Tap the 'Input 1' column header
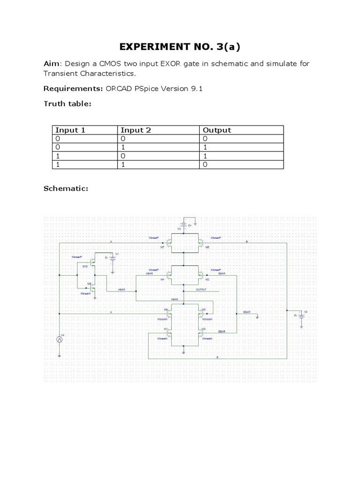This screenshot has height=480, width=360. pos(70,130)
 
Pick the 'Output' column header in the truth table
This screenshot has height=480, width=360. pos(217,130)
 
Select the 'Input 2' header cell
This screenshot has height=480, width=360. pos(136,130)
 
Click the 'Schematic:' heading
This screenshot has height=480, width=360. pos(66,188)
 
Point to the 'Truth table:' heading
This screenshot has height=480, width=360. pos(67,104)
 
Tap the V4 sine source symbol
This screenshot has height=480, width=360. pos(60,339)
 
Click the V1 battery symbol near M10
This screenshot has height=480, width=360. pos(112,258)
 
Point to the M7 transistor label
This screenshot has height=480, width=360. pos(163,247)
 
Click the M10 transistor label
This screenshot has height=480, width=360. pos(85,266)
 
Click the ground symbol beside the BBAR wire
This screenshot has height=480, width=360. pos(257,316)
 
